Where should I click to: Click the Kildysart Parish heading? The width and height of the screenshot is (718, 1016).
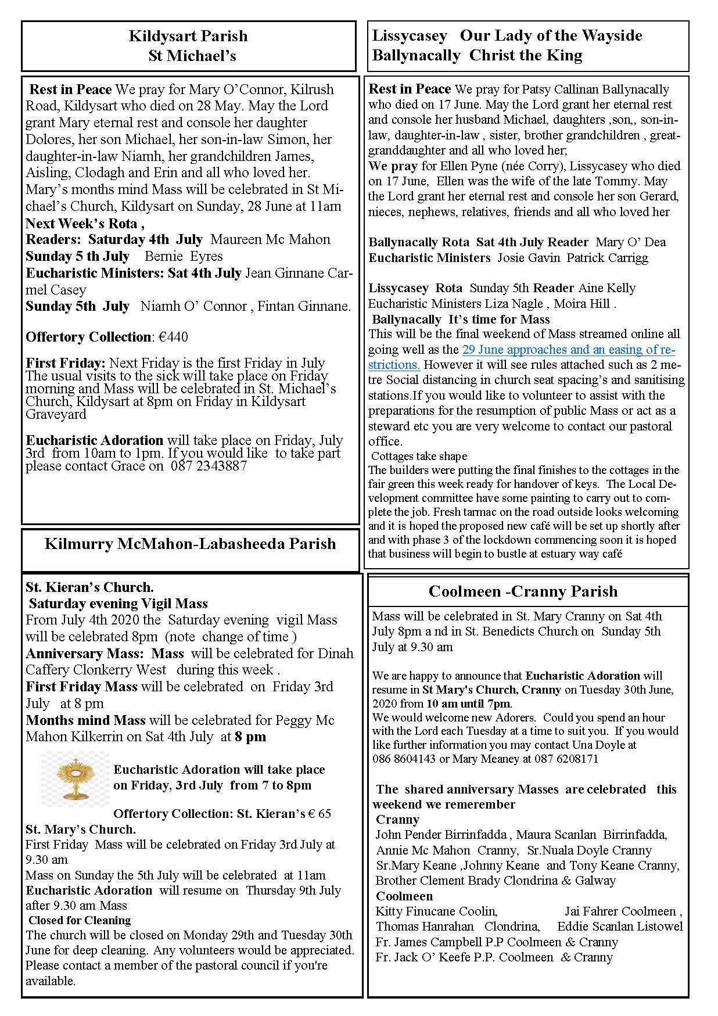pyautogui.click(x=188, y=36)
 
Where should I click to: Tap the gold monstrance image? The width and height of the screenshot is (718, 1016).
pyautogui.click(x=75, y=779)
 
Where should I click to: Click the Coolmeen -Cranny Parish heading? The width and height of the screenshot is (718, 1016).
pyautogui.click(x=523, y=591)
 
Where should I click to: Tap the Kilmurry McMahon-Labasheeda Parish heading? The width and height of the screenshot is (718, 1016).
pyautogui.click(x=190, y=544)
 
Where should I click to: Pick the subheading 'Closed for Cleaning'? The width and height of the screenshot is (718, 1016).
pyautogui.click(x=80, y=920)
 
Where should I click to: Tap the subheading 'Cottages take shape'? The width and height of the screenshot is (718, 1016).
pyautogui.click(x=419, y=456)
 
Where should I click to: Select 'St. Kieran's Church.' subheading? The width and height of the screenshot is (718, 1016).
pyautogui.click(x=89, y=587)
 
